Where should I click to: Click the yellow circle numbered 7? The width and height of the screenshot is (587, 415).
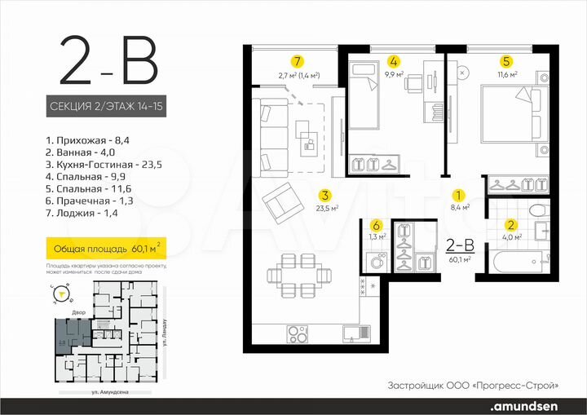[x=298, y=60]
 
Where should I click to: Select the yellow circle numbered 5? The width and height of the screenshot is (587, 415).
[x=505, y=60]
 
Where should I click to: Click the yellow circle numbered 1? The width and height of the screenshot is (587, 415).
[x=459, y=196]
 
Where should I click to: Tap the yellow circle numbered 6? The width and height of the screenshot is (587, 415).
[x=376, y=226]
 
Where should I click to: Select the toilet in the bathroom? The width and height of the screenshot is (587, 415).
[x=539, y=211]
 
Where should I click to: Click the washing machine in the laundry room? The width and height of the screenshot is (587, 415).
[x=377, y=263]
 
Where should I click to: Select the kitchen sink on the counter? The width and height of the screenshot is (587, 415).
[x=353, y=333]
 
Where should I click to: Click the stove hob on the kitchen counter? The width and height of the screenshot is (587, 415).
[x=298, y=333]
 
